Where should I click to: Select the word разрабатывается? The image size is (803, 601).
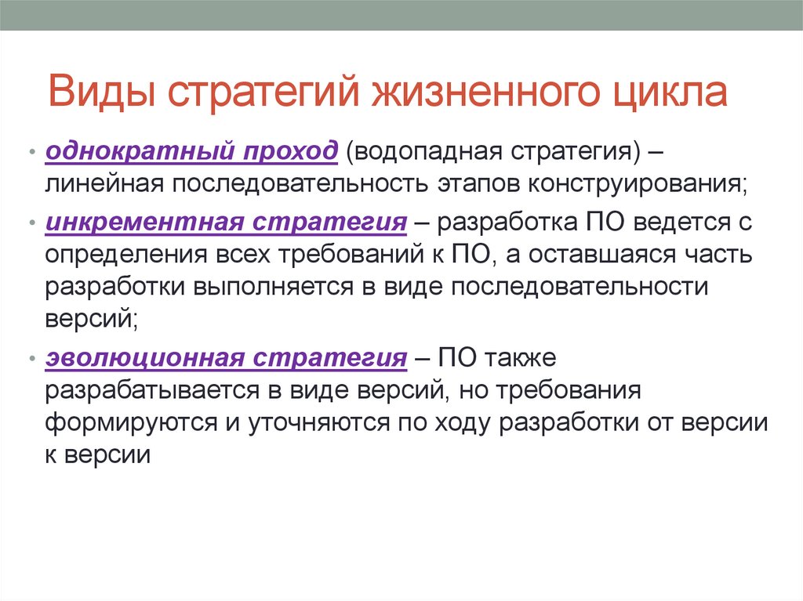click(151, 390)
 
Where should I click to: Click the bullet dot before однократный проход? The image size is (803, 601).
click(31, 150)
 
